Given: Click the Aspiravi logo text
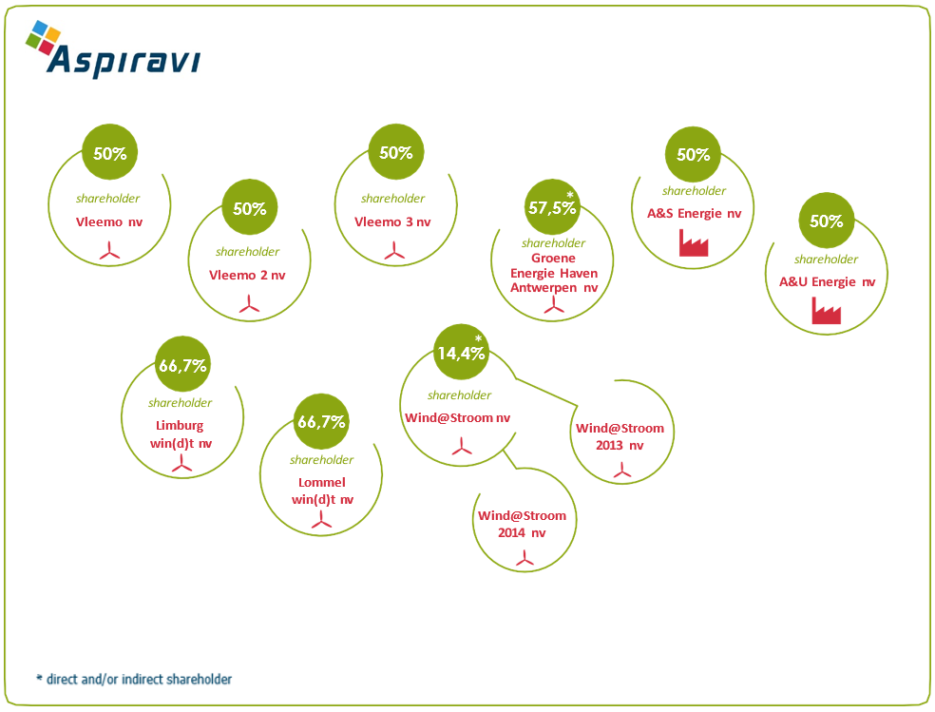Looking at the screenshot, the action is tap(124, 61).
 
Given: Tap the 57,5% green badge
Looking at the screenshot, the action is tap(552, 207).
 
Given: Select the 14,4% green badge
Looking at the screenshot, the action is tap(461, 353).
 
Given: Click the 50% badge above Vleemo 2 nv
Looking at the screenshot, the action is tap(249, 207).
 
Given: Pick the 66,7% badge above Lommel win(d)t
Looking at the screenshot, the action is tap(321, 422).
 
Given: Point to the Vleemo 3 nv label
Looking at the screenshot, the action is tap(392, 221).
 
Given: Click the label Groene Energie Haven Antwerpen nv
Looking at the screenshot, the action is tap(554, 273).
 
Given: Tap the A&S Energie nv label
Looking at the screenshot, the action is tap(694, 214).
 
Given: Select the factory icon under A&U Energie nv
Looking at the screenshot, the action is tap(827, 311).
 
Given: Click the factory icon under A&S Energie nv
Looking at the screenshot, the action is tap(694, 242).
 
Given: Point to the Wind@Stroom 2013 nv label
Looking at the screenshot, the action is tap(620, 436).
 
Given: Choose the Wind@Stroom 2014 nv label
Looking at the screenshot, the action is tap(522, 524).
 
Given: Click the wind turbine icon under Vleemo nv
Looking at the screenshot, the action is tap(109, 251).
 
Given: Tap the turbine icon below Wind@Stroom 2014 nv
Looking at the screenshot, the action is tap(525, 558).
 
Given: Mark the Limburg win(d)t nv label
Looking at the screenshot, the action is tap(181, 434).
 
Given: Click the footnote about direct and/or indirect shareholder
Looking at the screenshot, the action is tap(134, 679).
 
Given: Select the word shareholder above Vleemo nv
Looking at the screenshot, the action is tap(108, 199).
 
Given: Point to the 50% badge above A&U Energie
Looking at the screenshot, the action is tap(827, 221).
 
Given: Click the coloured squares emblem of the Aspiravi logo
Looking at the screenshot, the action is tap(43, 38).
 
